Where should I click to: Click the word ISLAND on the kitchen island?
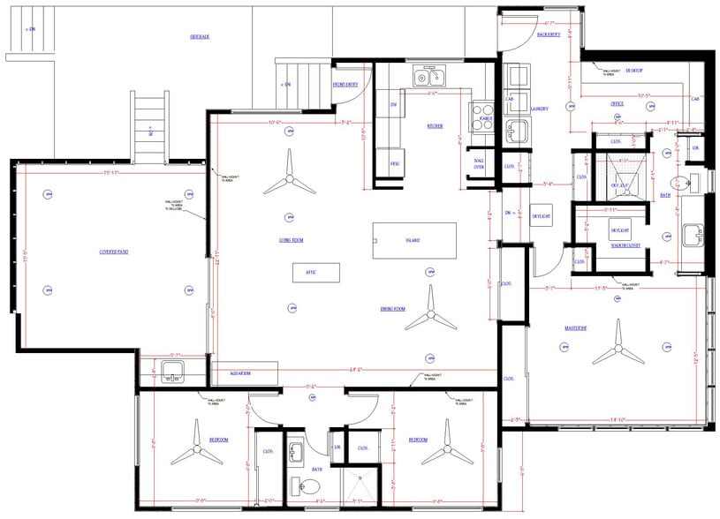(x=412, y=240)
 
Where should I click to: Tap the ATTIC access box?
(x=310, y=273)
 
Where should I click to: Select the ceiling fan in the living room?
(x=289, y=179)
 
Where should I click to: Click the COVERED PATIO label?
(x=115, y=252)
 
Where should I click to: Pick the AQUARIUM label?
(x=240, y=373)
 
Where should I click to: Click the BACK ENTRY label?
(x=549, y=34)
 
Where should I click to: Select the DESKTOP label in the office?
(x=633, y=70)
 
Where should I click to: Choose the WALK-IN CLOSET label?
(x=625, y=245)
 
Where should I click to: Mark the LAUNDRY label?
(x=539, y=109)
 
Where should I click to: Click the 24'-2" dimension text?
(x=356, y=368)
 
